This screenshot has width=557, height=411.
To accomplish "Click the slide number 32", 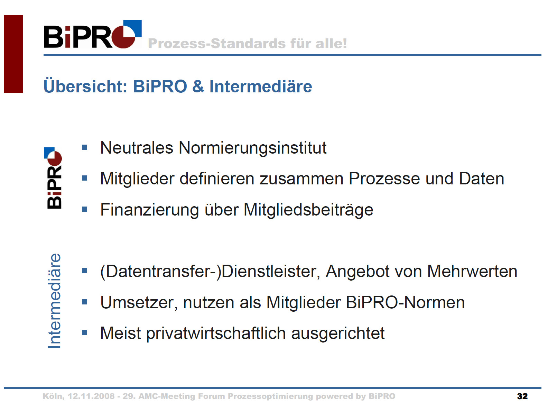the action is coord(522,396).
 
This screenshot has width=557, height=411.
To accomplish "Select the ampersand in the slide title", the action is coord(198,86).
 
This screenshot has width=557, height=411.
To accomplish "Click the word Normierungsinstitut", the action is coord(252,148).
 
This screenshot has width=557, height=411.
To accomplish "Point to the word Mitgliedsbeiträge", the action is coord(308,210).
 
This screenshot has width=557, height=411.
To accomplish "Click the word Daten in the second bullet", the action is coord(481,179).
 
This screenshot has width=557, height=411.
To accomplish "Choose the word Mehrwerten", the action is coord(472,271).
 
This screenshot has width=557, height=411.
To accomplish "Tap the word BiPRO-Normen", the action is coord(405,302).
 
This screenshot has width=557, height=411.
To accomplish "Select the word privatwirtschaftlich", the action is coord(216,334).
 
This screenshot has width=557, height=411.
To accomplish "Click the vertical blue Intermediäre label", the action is coord(54,301).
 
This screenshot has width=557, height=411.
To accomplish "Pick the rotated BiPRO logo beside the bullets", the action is coord(53,177).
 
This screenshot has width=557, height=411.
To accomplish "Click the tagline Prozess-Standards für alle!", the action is coord(248,43).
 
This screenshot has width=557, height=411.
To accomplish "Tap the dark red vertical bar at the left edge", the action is coord(13,54).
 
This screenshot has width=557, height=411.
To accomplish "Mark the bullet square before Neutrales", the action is coord(85,147).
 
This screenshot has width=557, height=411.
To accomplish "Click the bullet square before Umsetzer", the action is coord(85,302).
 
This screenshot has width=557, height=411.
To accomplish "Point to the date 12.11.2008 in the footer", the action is coord(91,396).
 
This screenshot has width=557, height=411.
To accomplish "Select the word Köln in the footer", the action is coord(54,396).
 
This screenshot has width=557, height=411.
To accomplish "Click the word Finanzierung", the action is coord(149,210).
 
